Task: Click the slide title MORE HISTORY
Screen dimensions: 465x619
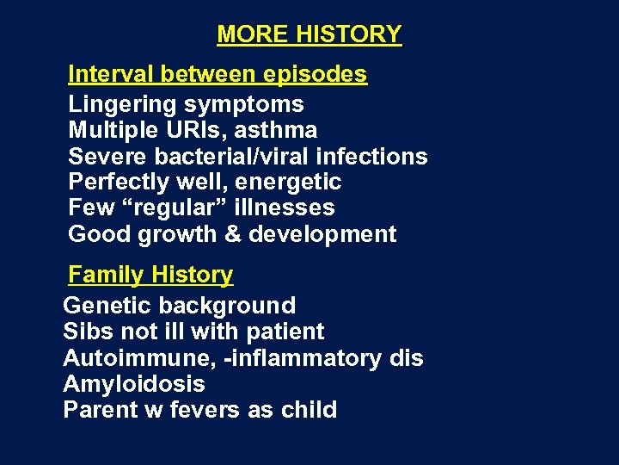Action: click(x=309, y=34)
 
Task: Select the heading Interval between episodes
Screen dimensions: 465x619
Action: click(x=218, y=74)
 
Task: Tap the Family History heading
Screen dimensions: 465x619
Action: click(x=150, y=275)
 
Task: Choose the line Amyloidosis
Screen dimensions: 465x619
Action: click(x=134, y=383)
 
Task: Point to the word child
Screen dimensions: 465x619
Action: click(x=309, y=409)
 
